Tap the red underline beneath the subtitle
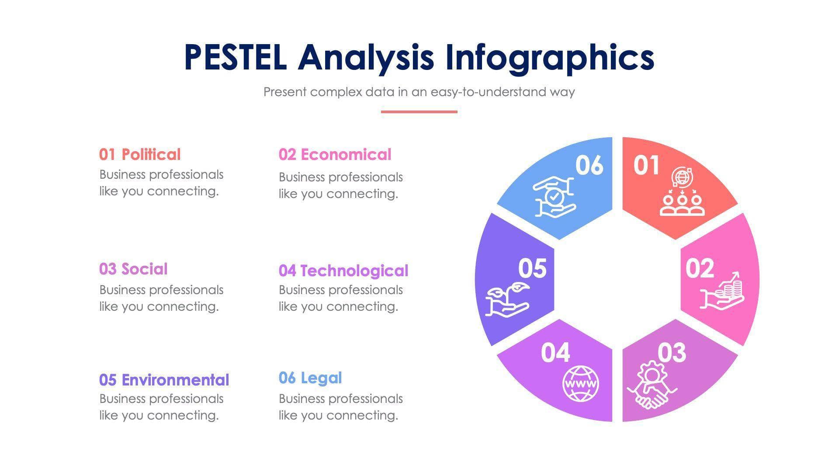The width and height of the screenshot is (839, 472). [x=419, y=112]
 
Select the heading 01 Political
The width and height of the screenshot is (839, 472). [x=139, y=154]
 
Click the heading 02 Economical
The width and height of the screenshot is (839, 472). [x=335, y=154]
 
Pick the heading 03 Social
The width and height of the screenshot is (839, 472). [x=133, y=269]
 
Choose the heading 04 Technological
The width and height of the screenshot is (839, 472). [x=343, y=271]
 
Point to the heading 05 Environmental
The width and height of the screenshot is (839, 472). [x=164, y=380]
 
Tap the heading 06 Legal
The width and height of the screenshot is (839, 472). [x=310, y=378]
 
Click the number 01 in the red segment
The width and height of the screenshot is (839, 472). [x=646, y=166]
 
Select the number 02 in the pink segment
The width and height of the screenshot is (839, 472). [x=699, y=268]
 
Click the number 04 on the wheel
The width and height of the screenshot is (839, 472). [x=555, y=352]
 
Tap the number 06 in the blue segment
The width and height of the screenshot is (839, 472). [x=589, y=166]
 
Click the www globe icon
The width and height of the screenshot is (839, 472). [x=580, y=384]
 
